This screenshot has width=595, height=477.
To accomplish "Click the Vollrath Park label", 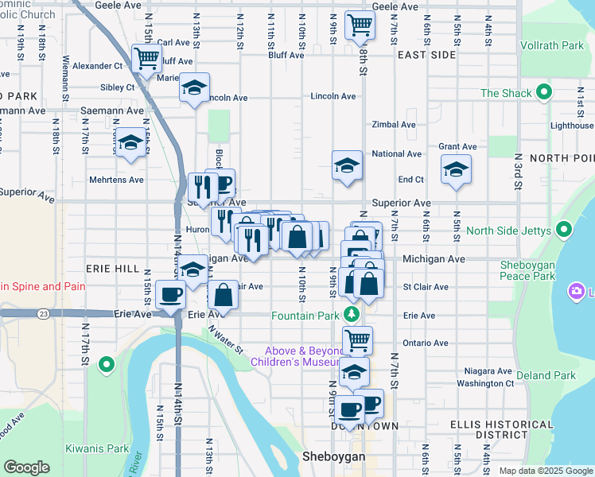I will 552,46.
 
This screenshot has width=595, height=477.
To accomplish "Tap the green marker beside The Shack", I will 545,93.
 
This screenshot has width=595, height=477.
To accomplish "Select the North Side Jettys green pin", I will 564,231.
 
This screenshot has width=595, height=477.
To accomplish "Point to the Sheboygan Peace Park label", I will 527,270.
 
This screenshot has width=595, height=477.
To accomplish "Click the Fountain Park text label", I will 305,316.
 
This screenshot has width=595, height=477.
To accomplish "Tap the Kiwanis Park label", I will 97,448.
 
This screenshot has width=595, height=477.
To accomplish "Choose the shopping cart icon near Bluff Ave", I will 146,57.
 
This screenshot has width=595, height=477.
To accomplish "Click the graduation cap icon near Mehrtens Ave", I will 131,143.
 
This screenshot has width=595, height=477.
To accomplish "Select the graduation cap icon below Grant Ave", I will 455,169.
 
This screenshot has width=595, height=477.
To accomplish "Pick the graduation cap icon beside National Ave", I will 347,165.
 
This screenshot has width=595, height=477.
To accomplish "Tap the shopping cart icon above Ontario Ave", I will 357,339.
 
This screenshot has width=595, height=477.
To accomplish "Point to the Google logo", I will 27,467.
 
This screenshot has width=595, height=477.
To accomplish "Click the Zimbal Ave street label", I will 394,125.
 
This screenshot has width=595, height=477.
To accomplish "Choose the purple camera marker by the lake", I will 575,292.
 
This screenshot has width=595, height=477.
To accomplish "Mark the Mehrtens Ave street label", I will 115,180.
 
